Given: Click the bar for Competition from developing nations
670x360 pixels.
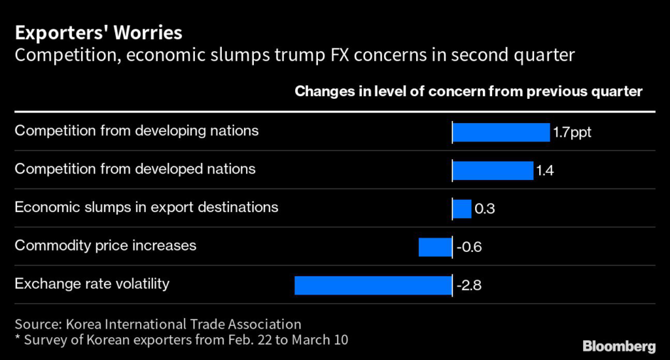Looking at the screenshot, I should coord(501,132).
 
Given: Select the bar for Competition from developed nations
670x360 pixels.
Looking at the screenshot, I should coord(493,171).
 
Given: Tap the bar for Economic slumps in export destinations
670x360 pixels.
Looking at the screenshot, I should coord(462,209).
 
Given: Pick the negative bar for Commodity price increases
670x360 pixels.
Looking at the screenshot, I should coord(435,247).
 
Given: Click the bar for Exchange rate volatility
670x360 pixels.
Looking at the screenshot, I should coord(373,285).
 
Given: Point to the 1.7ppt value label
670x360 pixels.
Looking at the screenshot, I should coord(572,132).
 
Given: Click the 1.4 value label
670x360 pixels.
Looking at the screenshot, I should coord(545,171).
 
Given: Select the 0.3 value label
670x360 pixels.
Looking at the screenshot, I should coord(484,209).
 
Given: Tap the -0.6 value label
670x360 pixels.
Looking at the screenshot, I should coord(468,247).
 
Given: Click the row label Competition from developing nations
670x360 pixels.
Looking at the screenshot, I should coord(137,131).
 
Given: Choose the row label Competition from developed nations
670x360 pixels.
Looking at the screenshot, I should coord(135,169).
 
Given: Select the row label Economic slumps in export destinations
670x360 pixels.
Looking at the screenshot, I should coord(147,207).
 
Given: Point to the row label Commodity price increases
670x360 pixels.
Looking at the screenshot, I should coord(105,246).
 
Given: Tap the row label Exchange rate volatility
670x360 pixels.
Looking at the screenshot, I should coord(92,284).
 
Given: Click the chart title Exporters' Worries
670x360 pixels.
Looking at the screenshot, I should coord(99,32).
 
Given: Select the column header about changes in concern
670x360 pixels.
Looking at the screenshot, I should coord(468,92).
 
